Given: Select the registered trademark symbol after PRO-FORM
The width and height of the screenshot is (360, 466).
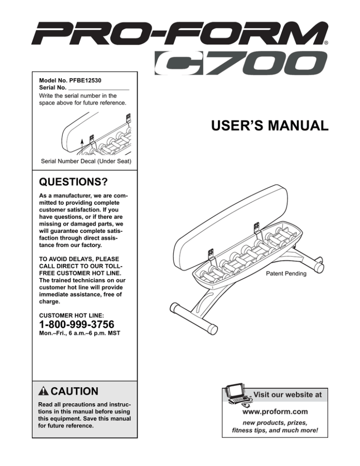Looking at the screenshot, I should click(x=326, y=42).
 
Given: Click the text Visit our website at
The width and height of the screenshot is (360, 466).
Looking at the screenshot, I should click(x=288, y=395).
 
